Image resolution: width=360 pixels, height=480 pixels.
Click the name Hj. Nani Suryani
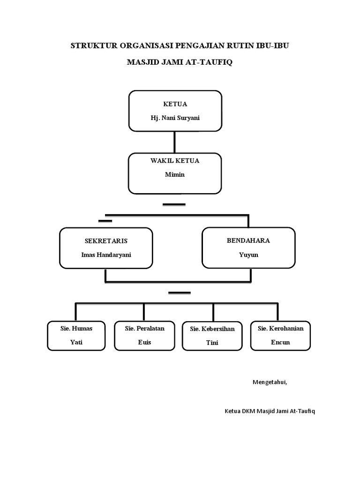click(x=175, y=118)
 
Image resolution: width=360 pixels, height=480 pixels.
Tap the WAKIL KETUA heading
click(x=175, y=160)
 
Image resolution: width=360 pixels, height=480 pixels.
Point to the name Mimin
click(x=175, y=174)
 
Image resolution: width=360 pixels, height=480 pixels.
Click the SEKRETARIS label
click(x=106, y=241)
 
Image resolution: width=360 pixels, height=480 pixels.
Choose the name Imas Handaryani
click(x=106, y=255)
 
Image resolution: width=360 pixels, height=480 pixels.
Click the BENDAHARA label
click(x=248, y=240)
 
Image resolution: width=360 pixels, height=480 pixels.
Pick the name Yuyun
click(x=248, y=255)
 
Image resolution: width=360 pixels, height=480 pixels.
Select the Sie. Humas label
click(x=76, y=328)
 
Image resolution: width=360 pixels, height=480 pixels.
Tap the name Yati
click(x=76, y=342)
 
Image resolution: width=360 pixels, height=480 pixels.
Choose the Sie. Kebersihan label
click(x=212, y=329)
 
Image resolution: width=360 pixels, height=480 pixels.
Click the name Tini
click(x=212, y=343)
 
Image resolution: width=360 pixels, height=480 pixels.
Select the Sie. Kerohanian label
click(x=280, y=328)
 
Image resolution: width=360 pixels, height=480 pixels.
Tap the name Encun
click(x=280, y=342)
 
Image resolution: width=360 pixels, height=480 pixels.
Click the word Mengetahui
click(x=270, y=382)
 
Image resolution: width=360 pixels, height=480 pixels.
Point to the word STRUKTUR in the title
click(x=93, y=45)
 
